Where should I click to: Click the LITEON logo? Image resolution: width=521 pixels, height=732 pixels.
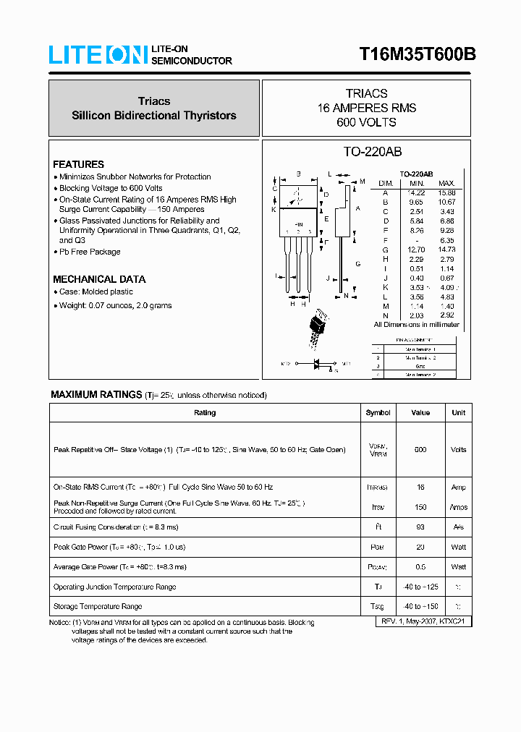tap(98, 55)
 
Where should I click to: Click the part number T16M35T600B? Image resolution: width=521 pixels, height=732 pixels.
tap(418, 55)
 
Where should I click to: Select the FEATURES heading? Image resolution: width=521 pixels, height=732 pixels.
tap(78, 164)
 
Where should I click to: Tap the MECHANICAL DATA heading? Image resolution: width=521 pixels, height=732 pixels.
tap(99, 279)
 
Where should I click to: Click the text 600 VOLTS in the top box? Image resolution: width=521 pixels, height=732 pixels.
tap(366, 122)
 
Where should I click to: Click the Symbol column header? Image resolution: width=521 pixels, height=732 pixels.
tap(378, 413)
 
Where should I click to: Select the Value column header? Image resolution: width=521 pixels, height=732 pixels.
tap(420, 413)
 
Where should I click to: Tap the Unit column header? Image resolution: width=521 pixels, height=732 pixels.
tap(458, 413)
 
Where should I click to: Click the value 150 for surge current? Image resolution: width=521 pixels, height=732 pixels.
tap(420, 508)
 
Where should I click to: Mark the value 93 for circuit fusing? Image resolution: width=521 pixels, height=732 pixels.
tap(420, 527)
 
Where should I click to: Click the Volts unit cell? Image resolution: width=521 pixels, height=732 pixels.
tap(458, 449)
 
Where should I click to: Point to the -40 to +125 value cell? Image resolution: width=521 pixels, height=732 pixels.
tap(420, 587)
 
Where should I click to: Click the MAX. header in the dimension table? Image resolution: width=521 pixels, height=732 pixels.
tap(446, 184)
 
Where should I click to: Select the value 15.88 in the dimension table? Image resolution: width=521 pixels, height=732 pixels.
tap(446, 193)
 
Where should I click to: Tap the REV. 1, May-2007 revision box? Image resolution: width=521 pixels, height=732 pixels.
tap(425, 621)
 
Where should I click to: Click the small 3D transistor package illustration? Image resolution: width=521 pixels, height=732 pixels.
tap(318, 328)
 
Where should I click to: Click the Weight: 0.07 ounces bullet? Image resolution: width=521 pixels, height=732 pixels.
tap(115, 305)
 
